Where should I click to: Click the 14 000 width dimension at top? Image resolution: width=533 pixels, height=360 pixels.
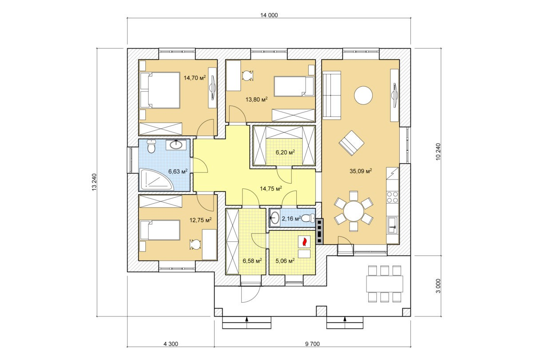(x=269, y=15)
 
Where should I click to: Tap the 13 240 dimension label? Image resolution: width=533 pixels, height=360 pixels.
(x=94, y=182)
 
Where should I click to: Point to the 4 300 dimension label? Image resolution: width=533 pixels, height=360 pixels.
(x=171, y=344)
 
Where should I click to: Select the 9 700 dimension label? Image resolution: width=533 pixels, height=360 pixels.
(x=312, y=344)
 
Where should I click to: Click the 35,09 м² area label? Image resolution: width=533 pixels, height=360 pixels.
(x=361, y=171)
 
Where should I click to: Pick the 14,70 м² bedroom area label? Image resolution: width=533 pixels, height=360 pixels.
(x=195, y=78)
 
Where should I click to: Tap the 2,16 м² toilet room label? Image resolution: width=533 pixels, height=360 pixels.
(x=291, y=218)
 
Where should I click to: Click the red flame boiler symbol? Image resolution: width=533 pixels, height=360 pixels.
(x=304, y=242)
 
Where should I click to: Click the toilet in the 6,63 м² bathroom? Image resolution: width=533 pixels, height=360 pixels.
(x=151, y=146)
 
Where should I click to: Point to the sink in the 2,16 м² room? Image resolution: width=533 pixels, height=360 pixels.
(x=274, y=218)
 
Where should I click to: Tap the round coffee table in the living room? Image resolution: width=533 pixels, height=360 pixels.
(x=363, y=95)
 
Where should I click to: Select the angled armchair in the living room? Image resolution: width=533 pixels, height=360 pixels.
(x=351, y=143)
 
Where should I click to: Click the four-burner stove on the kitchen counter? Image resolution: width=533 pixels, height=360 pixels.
(x=393, y=197)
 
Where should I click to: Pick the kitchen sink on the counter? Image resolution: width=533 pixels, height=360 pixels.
(x=393, y=225)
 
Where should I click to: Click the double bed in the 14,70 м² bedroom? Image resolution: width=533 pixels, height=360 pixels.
(x=159, y=90)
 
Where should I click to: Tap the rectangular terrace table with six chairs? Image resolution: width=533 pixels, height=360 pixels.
(x=385, y=284)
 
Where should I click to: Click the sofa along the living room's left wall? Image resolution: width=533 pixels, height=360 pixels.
(x=332, y=95)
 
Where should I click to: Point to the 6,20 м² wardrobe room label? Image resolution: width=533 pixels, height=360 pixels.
(x=285, y=152)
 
